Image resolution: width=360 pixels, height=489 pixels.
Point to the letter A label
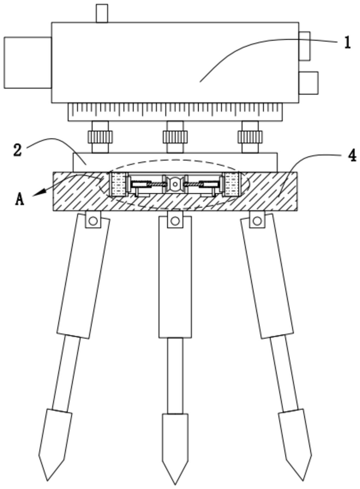20,199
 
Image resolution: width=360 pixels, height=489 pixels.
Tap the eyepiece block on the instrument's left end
27,62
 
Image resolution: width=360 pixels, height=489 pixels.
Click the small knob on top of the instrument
101,14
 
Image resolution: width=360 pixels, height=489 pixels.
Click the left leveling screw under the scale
101,137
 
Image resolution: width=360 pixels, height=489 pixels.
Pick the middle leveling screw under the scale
175,137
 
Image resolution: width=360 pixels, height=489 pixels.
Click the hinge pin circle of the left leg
93,221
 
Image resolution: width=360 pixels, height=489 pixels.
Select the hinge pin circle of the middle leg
175,221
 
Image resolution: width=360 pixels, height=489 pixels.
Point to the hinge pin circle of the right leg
257,221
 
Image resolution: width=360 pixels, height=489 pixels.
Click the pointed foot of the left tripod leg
53,438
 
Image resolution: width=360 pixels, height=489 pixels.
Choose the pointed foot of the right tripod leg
296,438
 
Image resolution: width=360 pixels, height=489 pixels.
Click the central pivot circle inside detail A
175,185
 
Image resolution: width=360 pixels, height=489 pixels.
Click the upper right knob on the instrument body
304,45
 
